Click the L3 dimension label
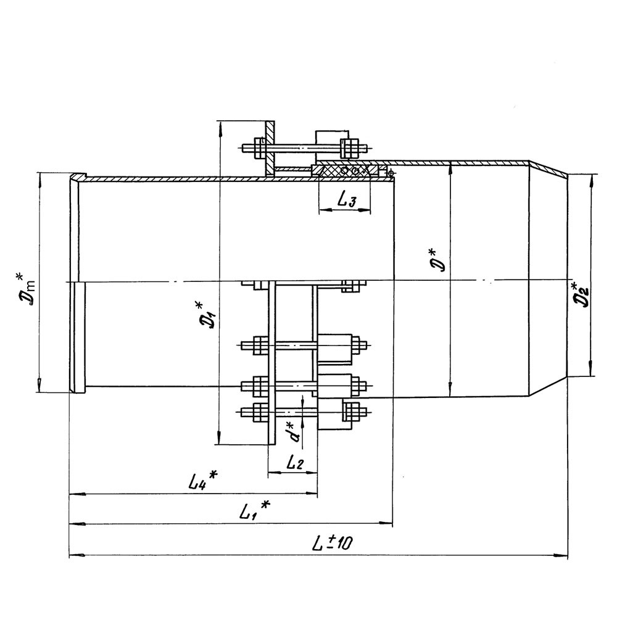[347, 201]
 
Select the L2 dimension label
[295, 463]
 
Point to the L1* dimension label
[255, 510]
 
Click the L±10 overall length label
[333, 544]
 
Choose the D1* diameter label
[207, 315]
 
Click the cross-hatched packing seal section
[345, 171]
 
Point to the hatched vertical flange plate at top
[270, 148]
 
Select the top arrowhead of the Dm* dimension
[39, 180]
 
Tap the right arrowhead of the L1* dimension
[386, 523]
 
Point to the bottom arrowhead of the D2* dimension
[590, 369]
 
